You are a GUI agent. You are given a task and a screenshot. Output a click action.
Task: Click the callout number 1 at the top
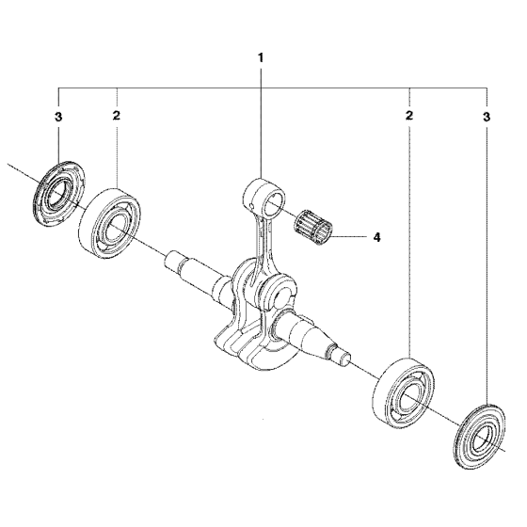pos(261,58)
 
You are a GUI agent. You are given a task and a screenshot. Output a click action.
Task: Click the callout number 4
pos(377,237)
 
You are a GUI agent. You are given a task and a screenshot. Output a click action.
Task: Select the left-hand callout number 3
pos(58,117)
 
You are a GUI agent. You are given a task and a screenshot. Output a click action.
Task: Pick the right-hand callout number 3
pos(487,117)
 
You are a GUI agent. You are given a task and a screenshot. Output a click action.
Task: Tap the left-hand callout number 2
pos(117,116)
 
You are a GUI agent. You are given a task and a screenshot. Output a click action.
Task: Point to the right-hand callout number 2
pos(408,116)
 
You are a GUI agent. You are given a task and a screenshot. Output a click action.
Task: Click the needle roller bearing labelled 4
pos(313,227)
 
